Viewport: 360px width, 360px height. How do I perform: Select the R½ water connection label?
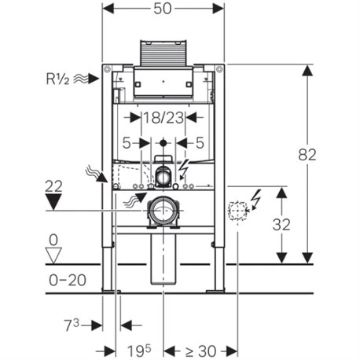click(x=58, y=78)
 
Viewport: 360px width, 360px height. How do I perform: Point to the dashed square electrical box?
click(x=236, y=209)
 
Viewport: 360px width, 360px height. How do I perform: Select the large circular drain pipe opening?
click(x=163, y=211)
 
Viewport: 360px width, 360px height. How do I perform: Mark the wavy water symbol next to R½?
click(x=90, y=79)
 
